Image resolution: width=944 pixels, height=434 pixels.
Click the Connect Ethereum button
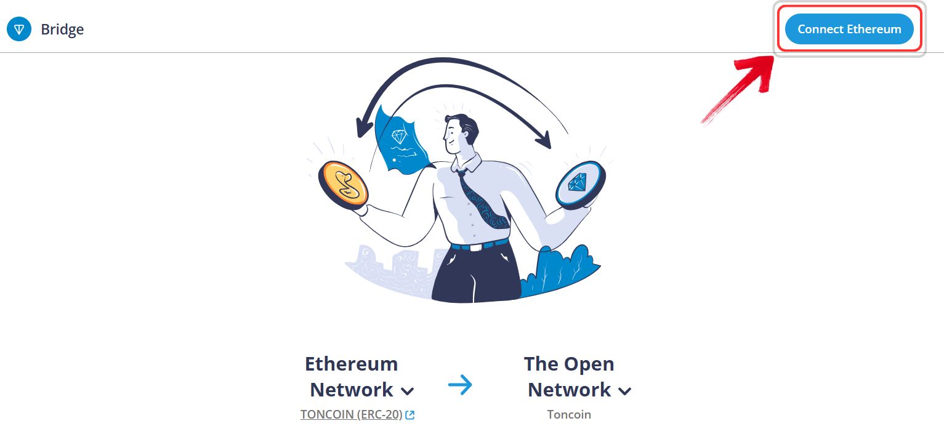click(x=849, y=29)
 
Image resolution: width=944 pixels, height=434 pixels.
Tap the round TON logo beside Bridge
click(x=19, y=29)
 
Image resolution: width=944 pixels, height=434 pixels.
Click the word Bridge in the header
click(x=62, y=30)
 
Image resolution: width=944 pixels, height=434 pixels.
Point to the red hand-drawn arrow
click(x=741, y=86)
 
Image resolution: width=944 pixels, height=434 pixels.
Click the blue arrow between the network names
click(x=460, y=385)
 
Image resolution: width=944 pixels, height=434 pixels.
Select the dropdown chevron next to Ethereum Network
click(x=407, y=392)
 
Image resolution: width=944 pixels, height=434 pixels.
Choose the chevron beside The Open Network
click(x=624, y=392)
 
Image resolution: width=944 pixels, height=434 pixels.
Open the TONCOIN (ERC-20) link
click(x=352, y=415)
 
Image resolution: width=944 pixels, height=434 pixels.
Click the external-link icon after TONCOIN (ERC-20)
click(x=409, y=415)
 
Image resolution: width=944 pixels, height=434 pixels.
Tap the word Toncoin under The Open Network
click(x=569, y=415)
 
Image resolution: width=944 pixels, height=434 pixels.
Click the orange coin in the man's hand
click(x=344, y=185)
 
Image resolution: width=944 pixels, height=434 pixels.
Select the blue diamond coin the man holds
click(x=581, y=185)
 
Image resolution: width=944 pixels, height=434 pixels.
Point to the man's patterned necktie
click(x=483, y=200)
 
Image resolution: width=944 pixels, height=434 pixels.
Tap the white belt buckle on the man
click(x=475, y=247)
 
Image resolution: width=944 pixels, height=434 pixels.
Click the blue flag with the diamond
click(x=400, y=141)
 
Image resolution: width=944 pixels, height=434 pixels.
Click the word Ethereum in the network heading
click(x=352, y=364)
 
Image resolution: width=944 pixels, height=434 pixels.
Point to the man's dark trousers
click(x=476, y=273)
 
